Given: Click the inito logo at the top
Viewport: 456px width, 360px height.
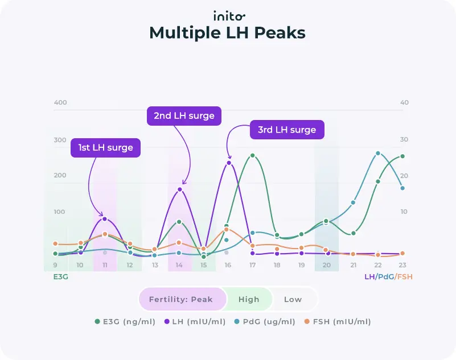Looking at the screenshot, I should click(229, 16).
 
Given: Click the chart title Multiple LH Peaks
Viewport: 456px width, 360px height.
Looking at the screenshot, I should click(228, 33).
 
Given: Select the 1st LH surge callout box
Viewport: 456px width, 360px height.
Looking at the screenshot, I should click(105, 148).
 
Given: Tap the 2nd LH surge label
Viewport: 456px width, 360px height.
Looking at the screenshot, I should click(184, 116).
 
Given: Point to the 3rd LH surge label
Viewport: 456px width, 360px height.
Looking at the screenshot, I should click(287, 130).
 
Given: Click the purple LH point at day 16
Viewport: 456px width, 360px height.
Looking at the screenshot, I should click(229, 163).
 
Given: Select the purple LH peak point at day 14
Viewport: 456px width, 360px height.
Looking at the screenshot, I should click(179, 189).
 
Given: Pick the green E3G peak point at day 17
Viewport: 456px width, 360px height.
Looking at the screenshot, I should click(252, 156).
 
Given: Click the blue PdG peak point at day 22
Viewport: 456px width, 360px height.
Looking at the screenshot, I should click(378, 154).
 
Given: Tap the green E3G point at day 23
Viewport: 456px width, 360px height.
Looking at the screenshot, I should click(402, 156).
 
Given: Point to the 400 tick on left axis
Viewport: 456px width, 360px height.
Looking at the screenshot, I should click(60, 102).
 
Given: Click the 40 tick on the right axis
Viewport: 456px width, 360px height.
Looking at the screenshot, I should click(404, 102).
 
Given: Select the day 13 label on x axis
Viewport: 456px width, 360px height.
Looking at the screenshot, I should click(155, 266).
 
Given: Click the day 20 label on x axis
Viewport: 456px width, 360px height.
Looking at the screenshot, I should click(327, 266).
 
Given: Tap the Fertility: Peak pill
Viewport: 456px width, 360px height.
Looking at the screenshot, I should click(181, 299).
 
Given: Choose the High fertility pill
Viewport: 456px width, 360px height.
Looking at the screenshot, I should click(249, 299).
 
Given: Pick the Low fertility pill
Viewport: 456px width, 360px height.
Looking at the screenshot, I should click(293, 299).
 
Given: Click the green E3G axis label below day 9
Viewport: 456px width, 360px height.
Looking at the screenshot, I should click(60, 277).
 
